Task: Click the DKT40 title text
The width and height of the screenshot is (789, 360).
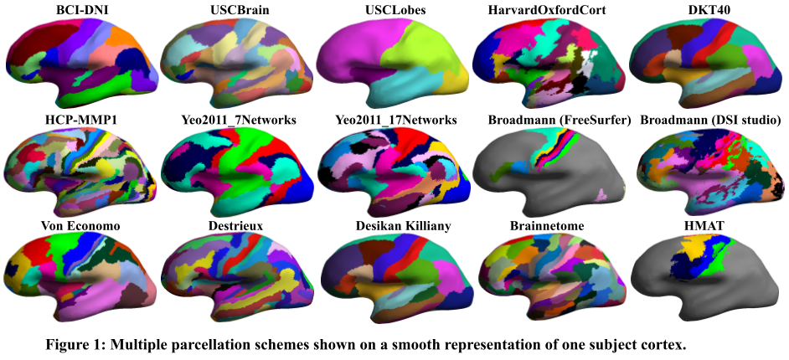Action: coord(709,10)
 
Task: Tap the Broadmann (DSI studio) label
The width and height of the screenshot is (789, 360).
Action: coord(710,120)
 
